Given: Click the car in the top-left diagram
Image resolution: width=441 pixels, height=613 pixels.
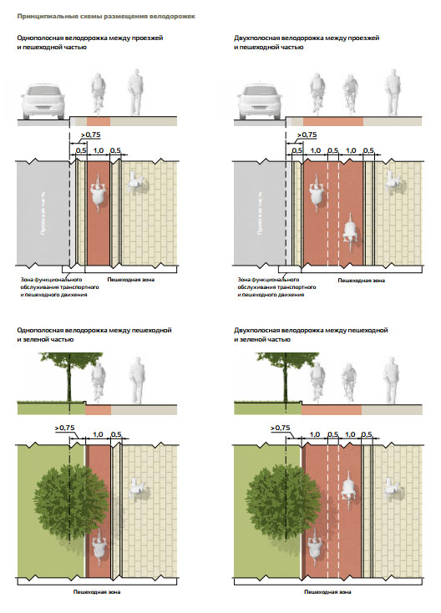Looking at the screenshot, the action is (x=43, y=102).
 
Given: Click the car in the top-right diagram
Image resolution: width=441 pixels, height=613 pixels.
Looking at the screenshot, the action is (x=260, y=102).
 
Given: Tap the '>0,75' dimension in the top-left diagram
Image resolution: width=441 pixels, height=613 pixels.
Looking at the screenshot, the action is (x=91, y=134).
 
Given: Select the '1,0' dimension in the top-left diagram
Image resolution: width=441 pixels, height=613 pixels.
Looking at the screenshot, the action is (x=98, y=150).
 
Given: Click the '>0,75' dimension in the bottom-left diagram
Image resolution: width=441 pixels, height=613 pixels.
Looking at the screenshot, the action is (x=64, y=428).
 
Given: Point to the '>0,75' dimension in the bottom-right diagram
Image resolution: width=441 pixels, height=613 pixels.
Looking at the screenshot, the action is (x=281, y=428).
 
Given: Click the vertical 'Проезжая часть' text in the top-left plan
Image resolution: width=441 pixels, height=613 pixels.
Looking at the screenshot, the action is (x=43, y=213).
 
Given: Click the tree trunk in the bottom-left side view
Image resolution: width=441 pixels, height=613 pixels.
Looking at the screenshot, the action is (x=69, y=383).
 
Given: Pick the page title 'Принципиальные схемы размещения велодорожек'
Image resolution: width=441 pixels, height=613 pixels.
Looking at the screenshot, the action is (x=106, y=17).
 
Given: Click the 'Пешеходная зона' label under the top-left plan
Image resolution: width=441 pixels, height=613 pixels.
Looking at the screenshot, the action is (x=130, y=280).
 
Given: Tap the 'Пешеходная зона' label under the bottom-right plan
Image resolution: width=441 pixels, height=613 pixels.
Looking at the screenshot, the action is (x=327, y=592).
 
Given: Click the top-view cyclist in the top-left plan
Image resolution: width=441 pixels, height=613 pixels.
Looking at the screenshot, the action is (x=98, y=191).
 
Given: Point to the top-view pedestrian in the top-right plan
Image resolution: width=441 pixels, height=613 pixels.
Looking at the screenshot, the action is (x=392, y=180).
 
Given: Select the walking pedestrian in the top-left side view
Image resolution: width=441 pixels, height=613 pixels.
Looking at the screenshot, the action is (x=135, y=92).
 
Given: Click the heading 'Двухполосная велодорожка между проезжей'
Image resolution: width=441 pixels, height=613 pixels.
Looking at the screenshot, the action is (x=307, y=38).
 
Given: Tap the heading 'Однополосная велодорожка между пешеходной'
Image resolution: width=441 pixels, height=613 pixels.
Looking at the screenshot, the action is (x=94, y=331).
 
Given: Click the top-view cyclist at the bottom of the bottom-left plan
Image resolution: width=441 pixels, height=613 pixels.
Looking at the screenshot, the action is (x=99, y=547).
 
